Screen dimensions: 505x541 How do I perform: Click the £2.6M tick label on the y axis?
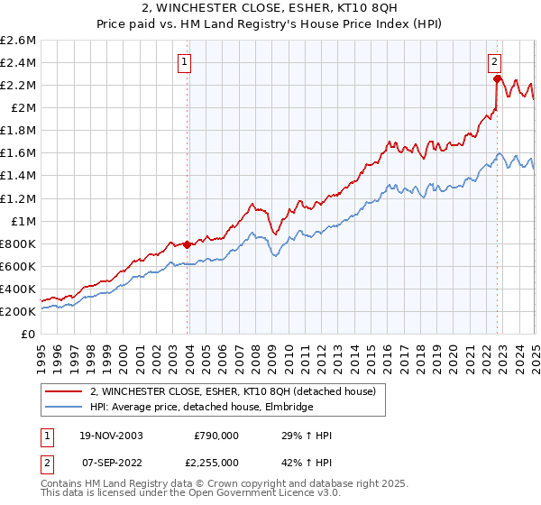coord(19,41)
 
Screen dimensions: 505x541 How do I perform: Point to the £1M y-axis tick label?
coord(23,221)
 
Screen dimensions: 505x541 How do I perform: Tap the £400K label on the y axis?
coord(18,289)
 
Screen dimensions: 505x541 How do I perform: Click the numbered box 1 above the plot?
coord(184,62)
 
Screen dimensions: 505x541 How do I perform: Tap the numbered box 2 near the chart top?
coord(495,62)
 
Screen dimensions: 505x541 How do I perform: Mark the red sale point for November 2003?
coord(188,244)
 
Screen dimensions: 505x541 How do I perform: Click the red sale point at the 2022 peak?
coord(497,78)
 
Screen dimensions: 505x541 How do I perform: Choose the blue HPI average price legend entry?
coord(201,408)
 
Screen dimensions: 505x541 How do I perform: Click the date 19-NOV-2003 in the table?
coord(112,436)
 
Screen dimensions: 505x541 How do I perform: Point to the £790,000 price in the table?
coord(215,436)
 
